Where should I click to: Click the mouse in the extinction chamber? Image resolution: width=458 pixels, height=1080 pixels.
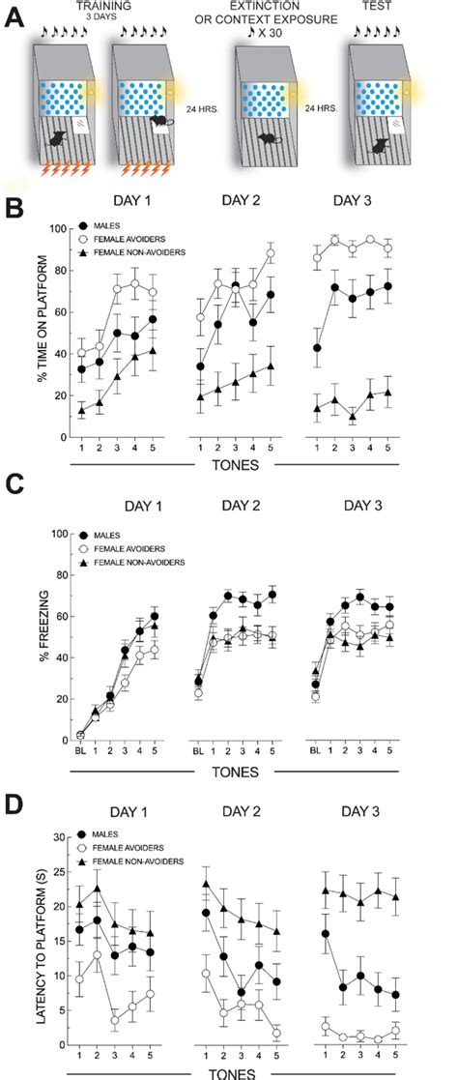(x=263, y=139)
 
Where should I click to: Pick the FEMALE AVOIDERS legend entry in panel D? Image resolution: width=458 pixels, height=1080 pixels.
(x=126, y=847)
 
